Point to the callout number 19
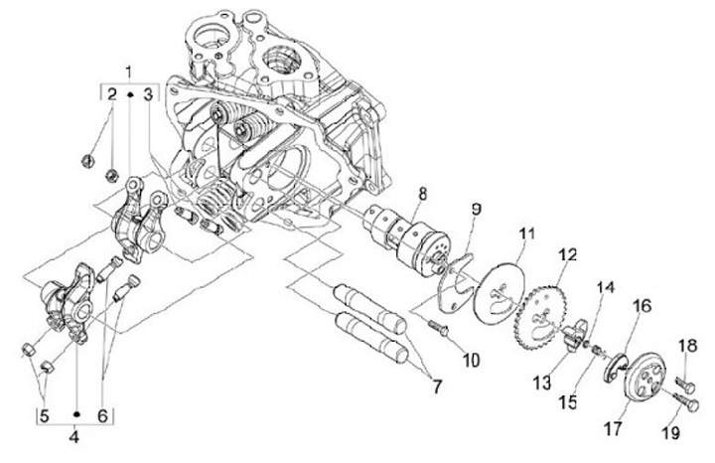click(694, 432)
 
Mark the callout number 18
click(687, 345)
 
